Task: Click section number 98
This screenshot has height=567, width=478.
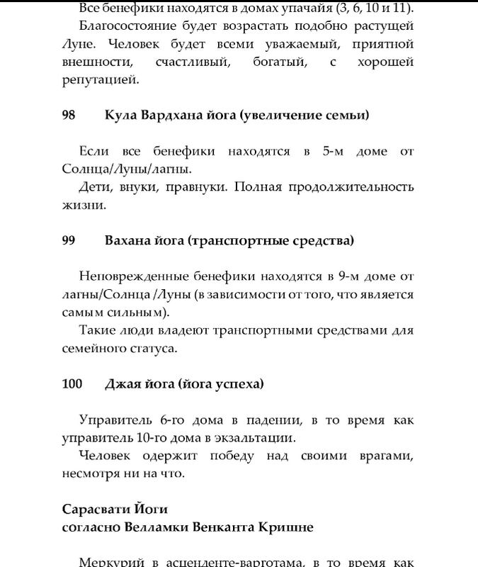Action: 69,115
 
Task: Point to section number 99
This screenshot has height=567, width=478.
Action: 69,241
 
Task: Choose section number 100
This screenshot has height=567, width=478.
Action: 72,384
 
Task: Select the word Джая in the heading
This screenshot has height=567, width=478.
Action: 123,384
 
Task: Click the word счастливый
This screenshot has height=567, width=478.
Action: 193,62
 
